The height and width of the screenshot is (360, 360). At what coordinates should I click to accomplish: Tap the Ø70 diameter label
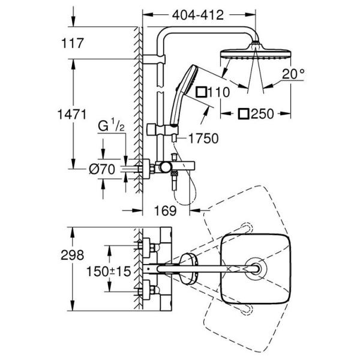point(101,170)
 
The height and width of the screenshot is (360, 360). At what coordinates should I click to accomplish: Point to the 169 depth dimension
point(168,211)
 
